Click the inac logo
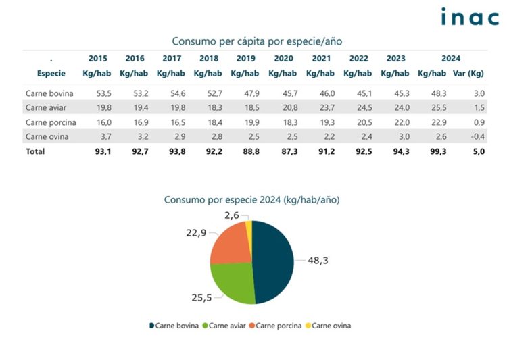tap(469, 17)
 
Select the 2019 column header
tap(246, 59)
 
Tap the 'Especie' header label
tap(51, 73)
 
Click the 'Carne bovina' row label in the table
tap(49, 93)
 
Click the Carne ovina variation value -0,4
tap(478, 137)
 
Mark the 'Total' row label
tap(35, 152)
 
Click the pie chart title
tap(251, 200)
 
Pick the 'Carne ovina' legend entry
tap(331, 326)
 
